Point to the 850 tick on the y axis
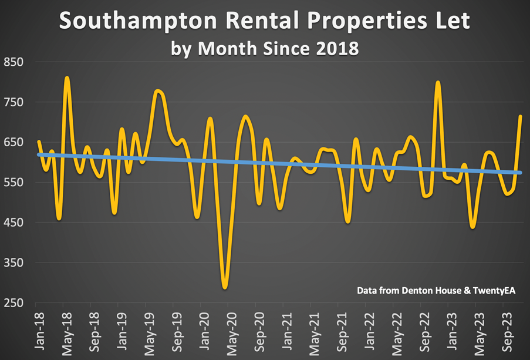pyautogui.click(x=13, y=62)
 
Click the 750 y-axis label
pyautogui.click(x=13, y=102)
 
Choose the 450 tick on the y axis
pyautogui.click(x=13, y=223)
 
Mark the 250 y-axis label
pyautogui.click(x=13, y=303)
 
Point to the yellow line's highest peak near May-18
pyautogui.click(x=67, y=78)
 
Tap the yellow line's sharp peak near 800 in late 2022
pyautogui.click(x=438, y=82)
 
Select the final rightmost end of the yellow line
pyautogui.click(x=520, y=116)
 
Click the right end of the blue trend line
pyautogui.click(x=520, y=173)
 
